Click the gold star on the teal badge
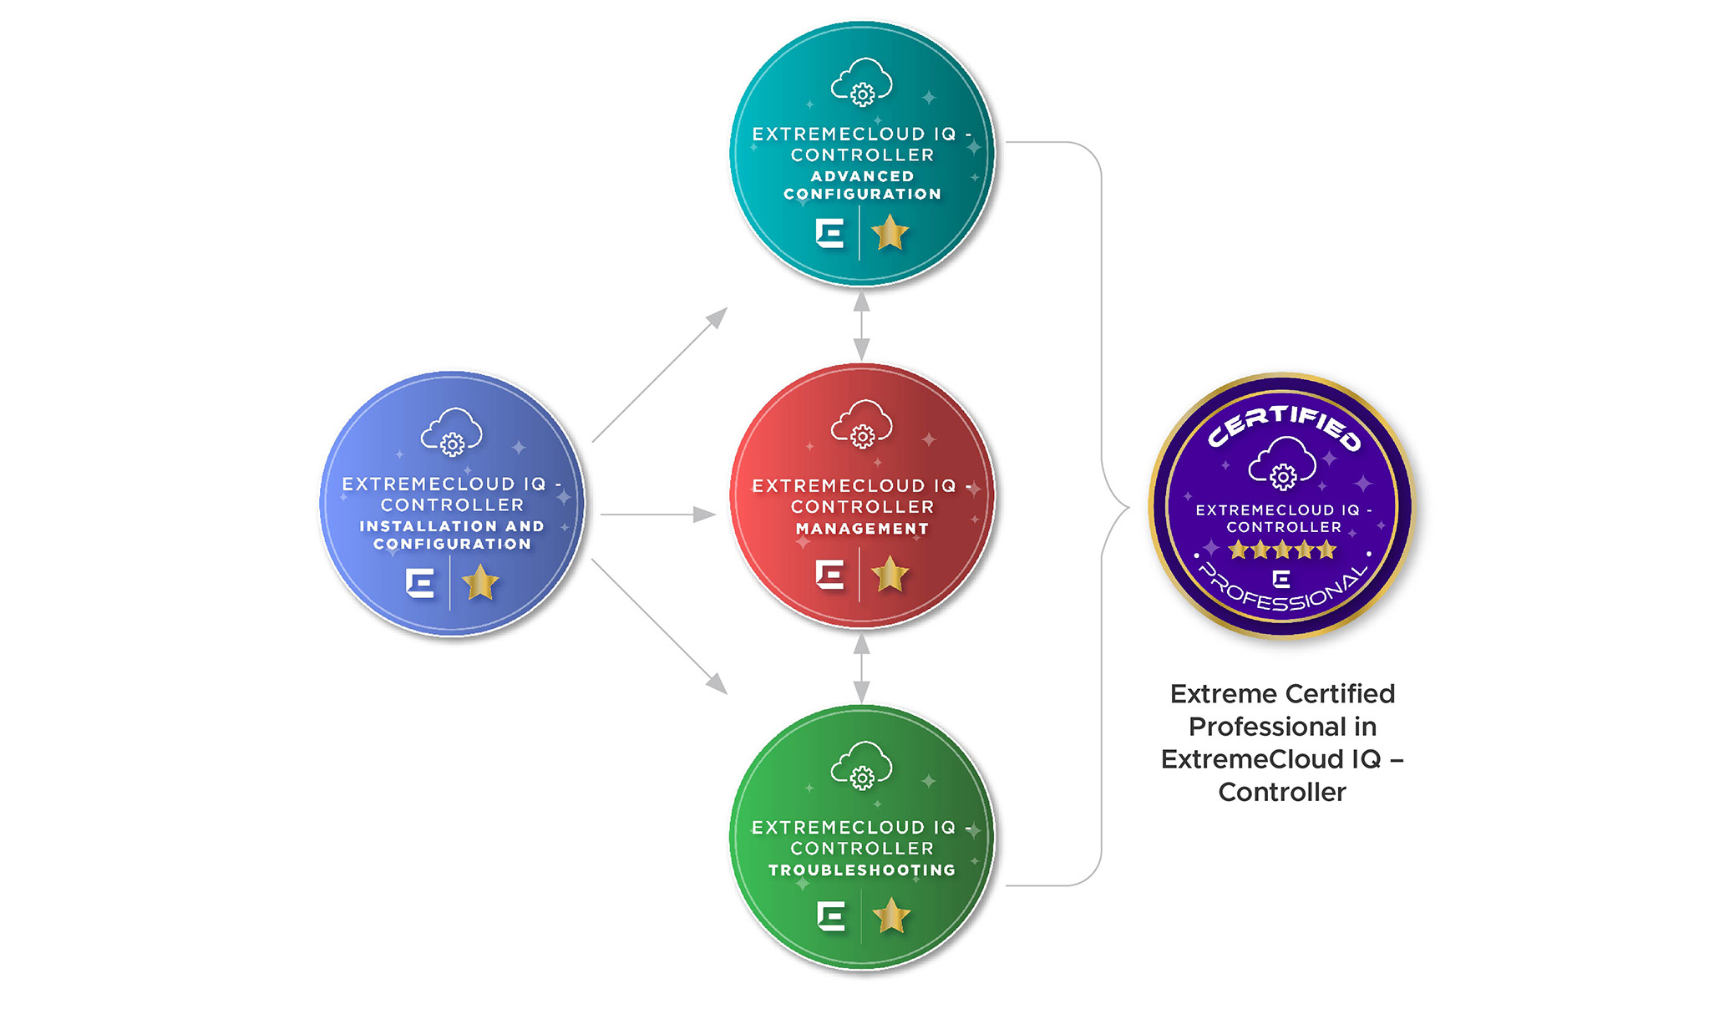click(890, 233)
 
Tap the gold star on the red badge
click(890, 575)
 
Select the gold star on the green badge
click(890, 916)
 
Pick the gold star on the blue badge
click(480, 583)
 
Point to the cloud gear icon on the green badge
click(862, 766)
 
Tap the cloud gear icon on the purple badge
click(1282, 464)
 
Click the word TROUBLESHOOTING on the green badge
click(862, 870)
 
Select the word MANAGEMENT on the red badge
click(862, 529)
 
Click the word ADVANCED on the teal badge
click(862, 176)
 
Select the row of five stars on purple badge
click(1282, 550)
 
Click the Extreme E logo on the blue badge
click(420, 583)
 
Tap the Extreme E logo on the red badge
click(829, 575)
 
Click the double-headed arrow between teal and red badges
click(862, 326)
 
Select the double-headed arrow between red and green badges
click(862, 668)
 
